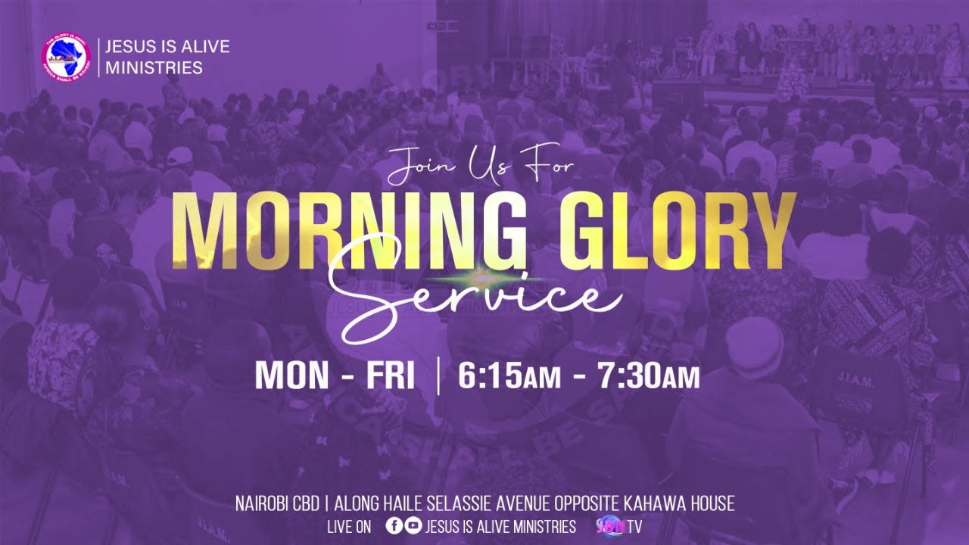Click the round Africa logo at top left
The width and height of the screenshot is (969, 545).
tap(67, 57)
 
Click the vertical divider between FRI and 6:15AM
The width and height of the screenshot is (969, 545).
tap(438, 376)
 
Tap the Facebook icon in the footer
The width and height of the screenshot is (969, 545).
tap(394, 526)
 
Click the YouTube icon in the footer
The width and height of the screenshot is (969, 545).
tap(413, 526)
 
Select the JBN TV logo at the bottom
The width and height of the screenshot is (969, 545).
tap(619, 526)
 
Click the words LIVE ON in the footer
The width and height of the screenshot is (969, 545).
tap(349, 527)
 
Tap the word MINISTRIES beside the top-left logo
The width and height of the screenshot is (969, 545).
tap(154, 67)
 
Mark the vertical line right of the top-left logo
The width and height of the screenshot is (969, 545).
tap(98, 57)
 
